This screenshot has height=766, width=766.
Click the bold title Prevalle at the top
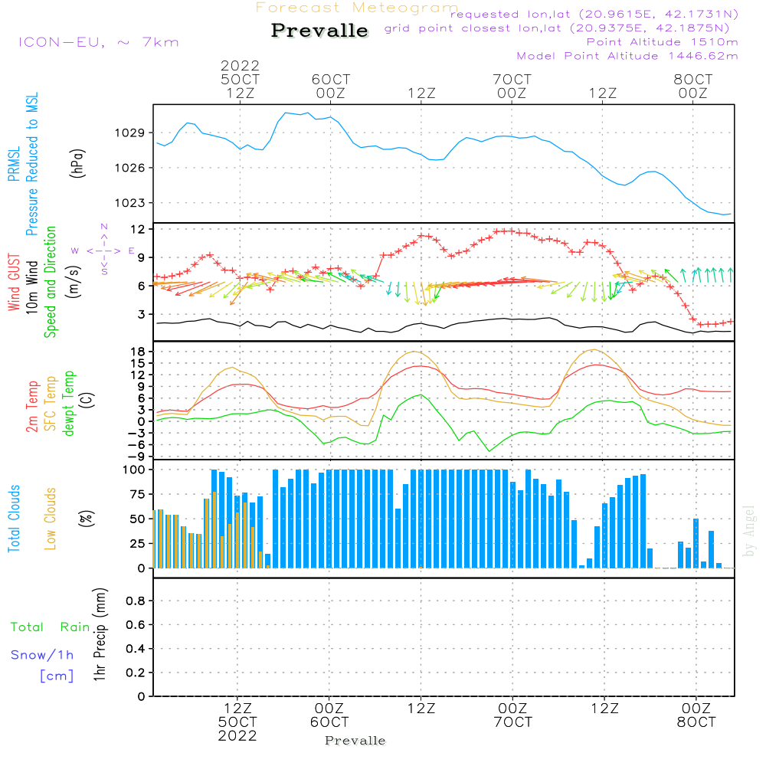tap(319, 31)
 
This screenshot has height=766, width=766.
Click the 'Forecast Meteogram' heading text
tap(357, 8)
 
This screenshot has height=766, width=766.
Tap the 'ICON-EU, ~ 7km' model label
tap(98, 42)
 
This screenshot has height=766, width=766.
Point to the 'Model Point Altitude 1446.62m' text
tap(627, 56)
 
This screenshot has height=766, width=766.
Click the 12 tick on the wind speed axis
tap(138, 230)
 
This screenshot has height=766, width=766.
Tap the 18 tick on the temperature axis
tap(138, 352)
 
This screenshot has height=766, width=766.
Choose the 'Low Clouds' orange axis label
tap(51, 519)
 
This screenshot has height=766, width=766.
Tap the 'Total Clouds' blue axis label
tap(15, 519)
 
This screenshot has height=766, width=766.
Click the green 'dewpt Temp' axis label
tap(69, 404)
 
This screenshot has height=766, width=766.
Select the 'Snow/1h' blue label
tap(42, 656)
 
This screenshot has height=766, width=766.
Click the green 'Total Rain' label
tap(50, 627)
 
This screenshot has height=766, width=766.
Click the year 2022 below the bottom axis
tap(237, 736)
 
